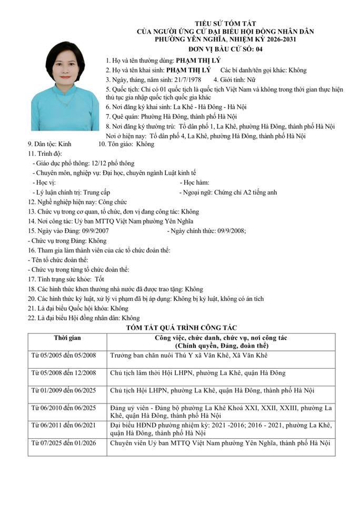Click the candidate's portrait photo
coord(65,86)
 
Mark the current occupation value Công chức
coord(112,202)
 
